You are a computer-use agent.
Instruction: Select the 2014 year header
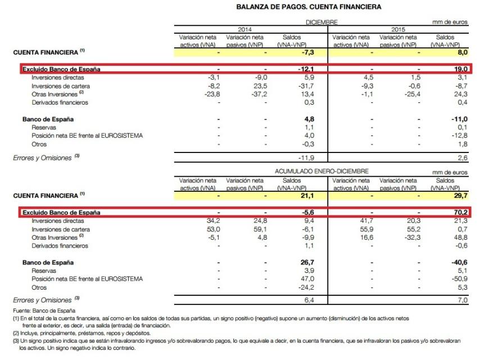point(242,29)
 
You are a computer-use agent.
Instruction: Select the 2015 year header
point(399,29)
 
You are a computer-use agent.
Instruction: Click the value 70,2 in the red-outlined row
point(460,213)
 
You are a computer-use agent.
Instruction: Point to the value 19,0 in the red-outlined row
point(460,69)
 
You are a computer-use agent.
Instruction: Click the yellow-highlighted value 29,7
point(460,195)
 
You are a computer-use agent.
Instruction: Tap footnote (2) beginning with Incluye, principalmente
point(84,332)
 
